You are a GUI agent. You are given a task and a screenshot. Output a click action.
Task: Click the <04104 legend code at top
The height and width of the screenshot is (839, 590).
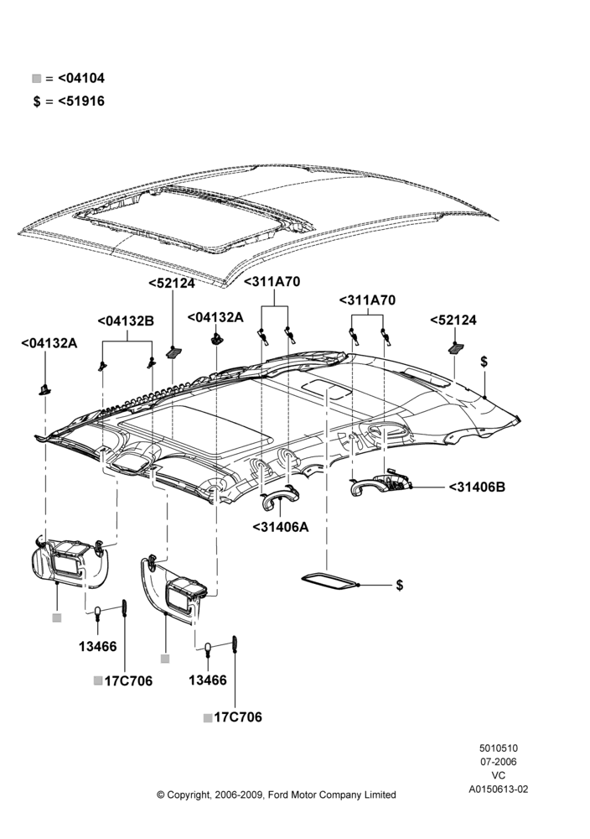coord(81,78)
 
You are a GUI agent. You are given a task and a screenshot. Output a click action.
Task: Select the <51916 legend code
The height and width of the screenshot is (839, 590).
coord(81,102)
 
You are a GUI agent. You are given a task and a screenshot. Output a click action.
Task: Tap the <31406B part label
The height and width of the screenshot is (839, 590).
coord(477,487)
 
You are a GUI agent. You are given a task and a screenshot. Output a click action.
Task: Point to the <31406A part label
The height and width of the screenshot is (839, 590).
coord(281,527)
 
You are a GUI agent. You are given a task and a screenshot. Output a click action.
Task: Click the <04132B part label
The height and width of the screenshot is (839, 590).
coord(126,321)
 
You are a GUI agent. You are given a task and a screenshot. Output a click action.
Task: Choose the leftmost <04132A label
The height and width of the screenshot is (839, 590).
coord(49,343)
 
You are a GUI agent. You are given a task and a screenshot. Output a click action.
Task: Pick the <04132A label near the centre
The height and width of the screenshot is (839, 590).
coord(215,317)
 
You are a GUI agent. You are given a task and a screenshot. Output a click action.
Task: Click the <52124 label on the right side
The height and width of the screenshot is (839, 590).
coord(453,320)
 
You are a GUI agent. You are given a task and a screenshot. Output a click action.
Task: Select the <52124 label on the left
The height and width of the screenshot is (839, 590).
coord(172,283)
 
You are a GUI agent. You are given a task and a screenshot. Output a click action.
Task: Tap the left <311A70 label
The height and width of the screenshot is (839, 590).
coord(272,281)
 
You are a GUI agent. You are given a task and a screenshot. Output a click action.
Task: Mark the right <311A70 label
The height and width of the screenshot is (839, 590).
coord(367,300)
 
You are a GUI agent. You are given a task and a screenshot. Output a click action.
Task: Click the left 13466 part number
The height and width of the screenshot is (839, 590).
coord(98,646)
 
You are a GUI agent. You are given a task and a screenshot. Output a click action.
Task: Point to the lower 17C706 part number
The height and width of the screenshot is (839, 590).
coord(238,717)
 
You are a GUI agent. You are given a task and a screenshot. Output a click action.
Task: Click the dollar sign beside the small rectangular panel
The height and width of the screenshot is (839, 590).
coord(399,585)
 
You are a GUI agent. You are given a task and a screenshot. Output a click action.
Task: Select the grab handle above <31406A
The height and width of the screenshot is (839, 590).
coord(280,497)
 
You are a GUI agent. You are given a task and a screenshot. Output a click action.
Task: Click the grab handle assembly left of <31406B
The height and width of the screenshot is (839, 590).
coord(380,485)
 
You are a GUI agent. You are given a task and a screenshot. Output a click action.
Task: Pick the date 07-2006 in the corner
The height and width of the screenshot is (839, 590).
coord(498,762)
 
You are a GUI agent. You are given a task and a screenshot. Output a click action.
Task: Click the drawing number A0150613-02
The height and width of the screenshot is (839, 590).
coord(498,789)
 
